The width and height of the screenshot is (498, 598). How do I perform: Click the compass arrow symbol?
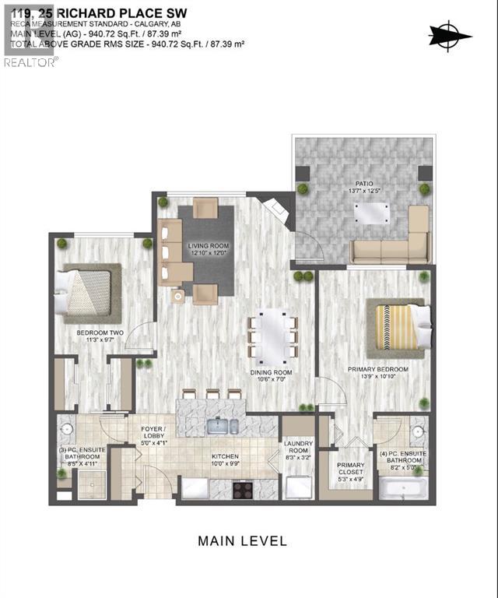tap(451, 35)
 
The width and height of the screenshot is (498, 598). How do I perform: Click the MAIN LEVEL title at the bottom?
tap(242, 540)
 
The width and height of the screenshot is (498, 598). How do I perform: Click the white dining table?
tap(273, 337)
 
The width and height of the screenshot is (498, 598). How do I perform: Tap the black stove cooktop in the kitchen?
tap(243, 490)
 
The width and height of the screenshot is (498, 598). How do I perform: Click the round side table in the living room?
tap(178, 296)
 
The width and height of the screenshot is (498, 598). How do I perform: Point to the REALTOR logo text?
tap(30, 62)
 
